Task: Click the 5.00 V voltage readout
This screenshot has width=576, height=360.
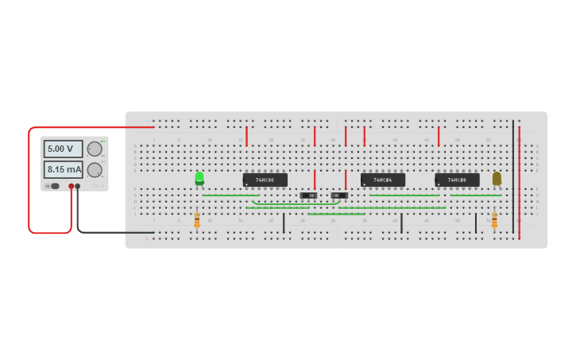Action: (63, 149)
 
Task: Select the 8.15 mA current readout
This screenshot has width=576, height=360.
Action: (63, 169)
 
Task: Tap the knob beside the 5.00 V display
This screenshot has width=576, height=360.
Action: (95, 149)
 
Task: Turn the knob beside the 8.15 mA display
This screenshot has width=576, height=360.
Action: (95, 169)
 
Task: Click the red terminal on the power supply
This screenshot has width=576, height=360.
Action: (71, 186)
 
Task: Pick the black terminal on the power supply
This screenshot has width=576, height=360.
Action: (78, 186)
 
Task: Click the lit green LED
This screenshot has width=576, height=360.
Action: (199, 178)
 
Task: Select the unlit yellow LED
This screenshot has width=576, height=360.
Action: (497, 178)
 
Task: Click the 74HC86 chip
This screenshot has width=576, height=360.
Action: (265, 180)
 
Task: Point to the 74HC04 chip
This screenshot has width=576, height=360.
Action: (383, 180)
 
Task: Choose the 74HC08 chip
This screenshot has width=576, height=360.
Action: (457, 180)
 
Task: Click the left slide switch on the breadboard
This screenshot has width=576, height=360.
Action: (308, 195)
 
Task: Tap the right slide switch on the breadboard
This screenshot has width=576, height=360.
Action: (339, 195)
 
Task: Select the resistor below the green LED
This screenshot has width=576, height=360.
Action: (197, 220)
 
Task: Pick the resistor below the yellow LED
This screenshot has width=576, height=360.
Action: (494, 220)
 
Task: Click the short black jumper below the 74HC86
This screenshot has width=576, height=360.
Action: (284, 223)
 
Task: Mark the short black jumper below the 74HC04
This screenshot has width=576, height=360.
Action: (401, 223)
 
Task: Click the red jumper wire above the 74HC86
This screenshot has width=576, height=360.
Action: (246, 136)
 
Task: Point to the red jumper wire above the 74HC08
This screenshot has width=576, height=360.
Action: (439, 136)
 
